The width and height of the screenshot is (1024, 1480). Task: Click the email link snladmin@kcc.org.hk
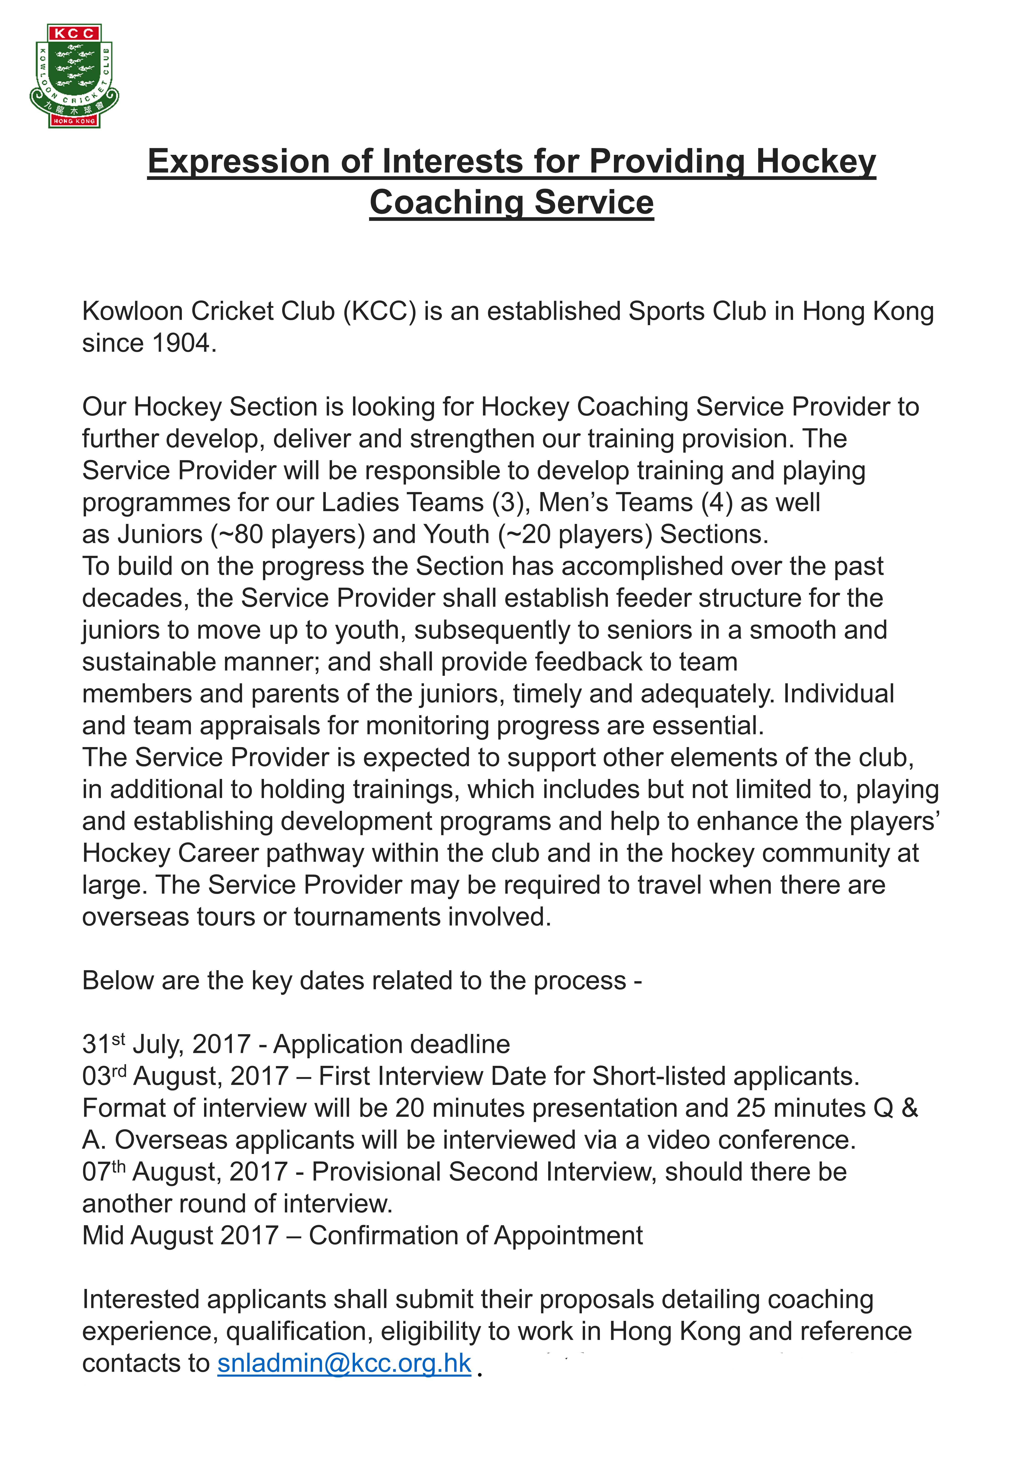click(345, 1364)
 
